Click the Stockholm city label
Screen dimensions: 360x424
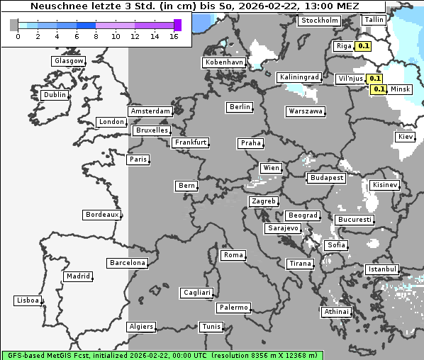point(319,21)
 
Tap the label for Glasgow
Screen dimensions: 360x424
point(69,61)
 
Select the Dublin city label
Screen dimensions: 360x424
point(55,95)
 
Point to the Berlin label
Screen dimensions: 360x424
point(240,107)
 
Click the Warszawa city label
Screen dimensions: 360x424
point(306,111)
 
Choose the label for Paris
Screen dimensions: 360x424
point(138,159)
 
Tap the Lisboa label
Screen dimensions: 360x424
point(28,300)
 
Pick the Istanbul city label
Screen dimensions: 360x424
point(382,269)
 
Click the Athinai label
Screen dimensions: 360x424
point(336,312)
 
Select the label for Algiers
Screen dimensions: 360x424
point(140,327)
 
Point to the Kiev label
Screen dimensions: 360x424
point(406,137)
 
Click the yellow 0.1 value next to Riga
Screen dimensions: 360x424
point(364,46)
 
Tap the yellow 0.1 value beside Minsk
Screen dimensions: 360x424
point(379,89)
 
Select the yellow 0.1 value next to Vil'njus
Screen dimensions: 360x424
point(375,79)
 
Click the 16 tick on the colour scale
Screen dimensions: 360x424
point(174,35)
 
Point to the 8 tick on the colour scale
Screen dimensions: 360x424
point(95,35)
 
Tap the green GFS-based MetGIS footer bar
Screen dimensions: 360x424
point(162,355)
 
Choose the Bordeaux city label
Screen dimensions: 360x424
point(102,215)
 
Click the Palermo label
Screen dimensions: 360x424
point(233,308)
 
